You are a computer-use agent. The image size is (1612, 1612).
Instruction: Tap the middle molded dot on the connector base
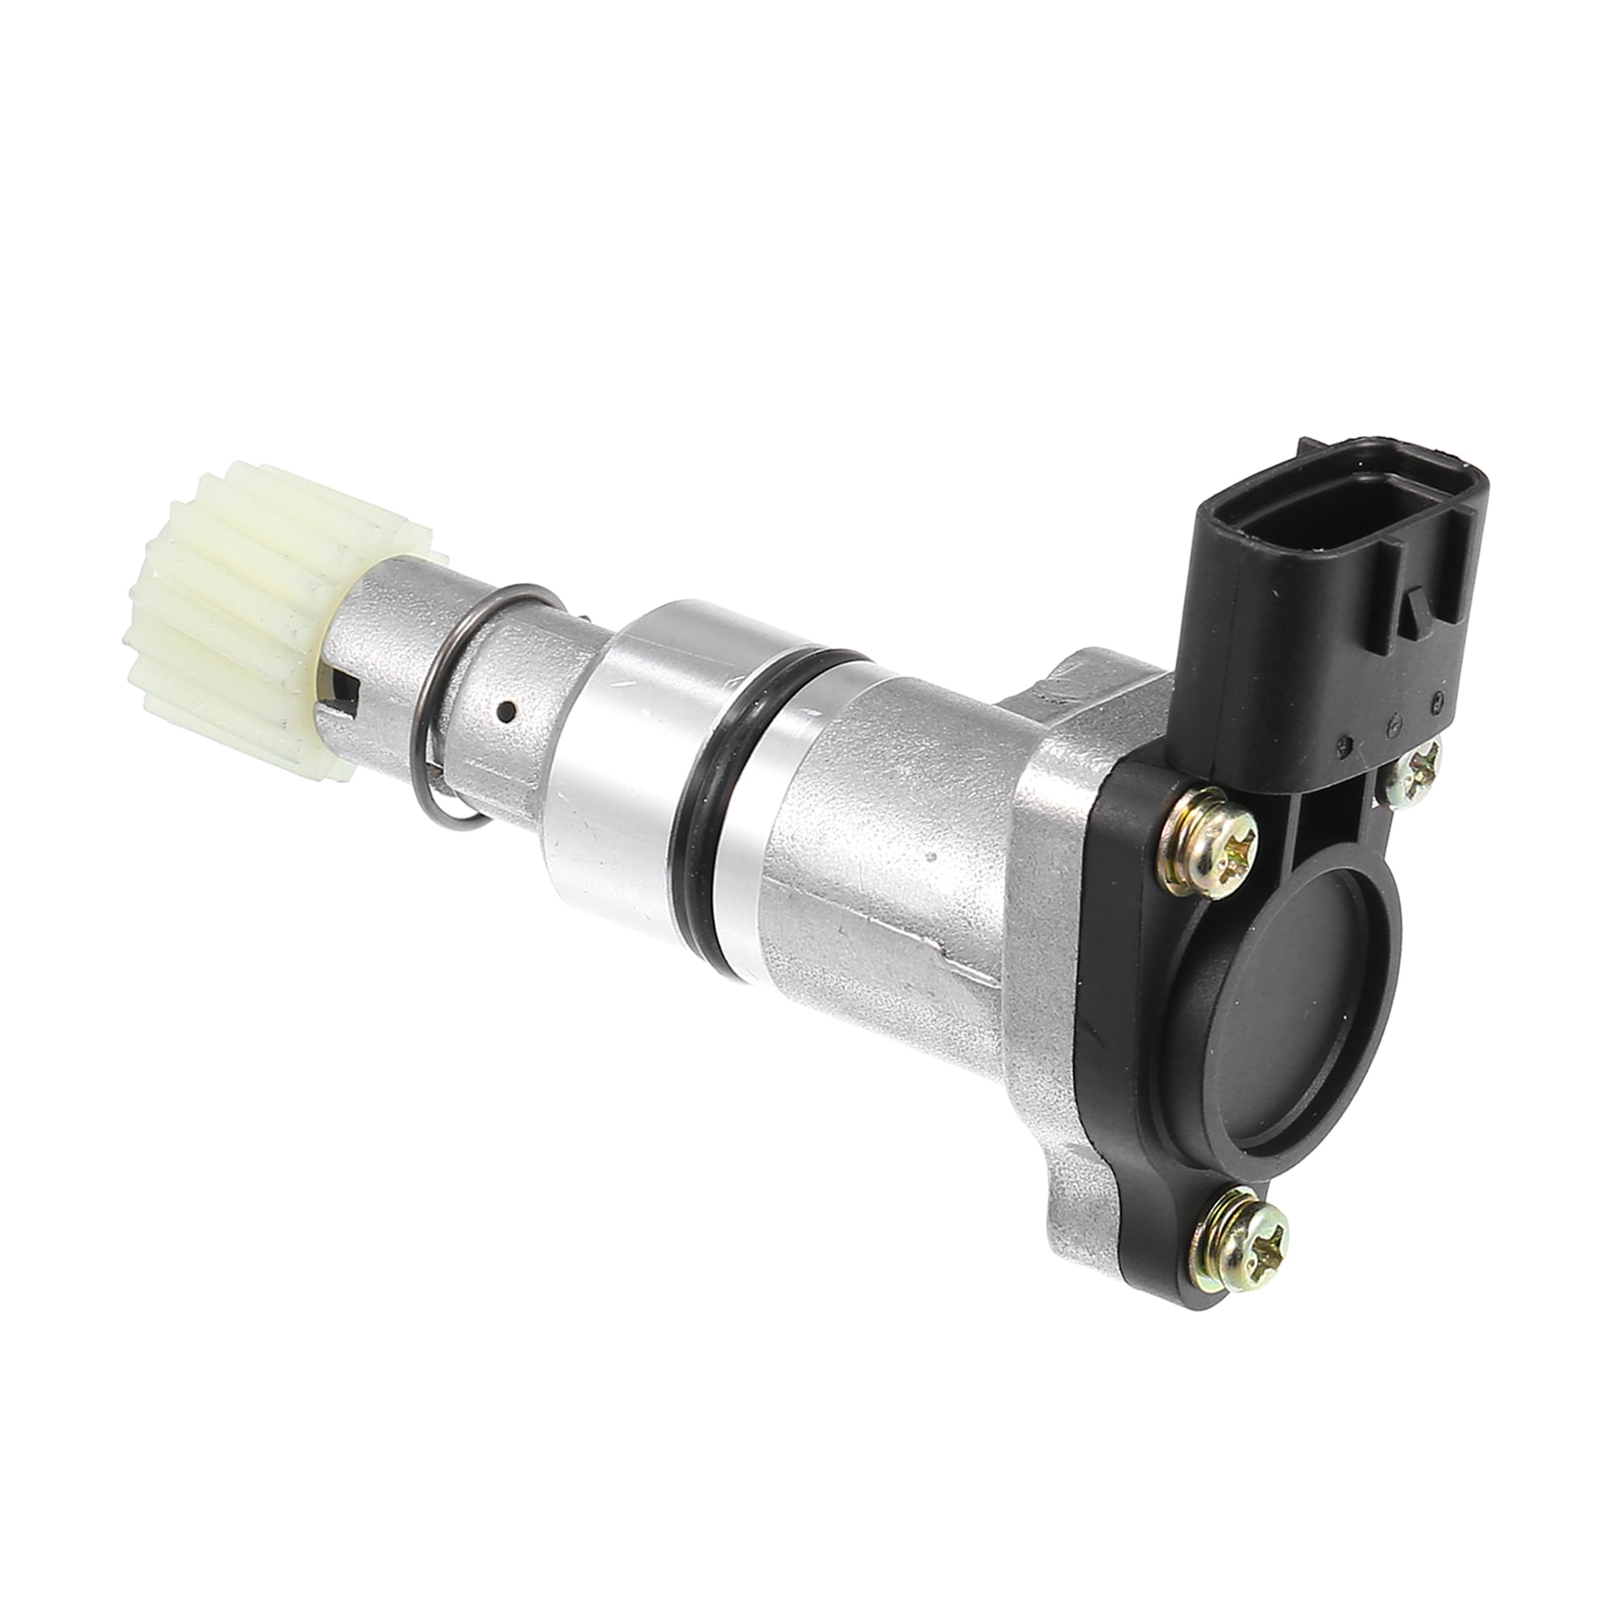coord(1390,727)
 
